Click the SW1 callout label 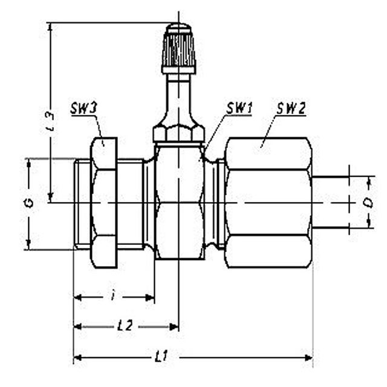[239, 108]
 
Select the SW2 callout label [291, 108]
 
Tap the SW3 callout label [84, 108]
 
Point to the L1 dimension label [161, 356]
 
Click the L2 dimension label [125, 326]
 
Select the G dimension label [30, 203]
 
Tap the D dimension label [369, 202]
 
